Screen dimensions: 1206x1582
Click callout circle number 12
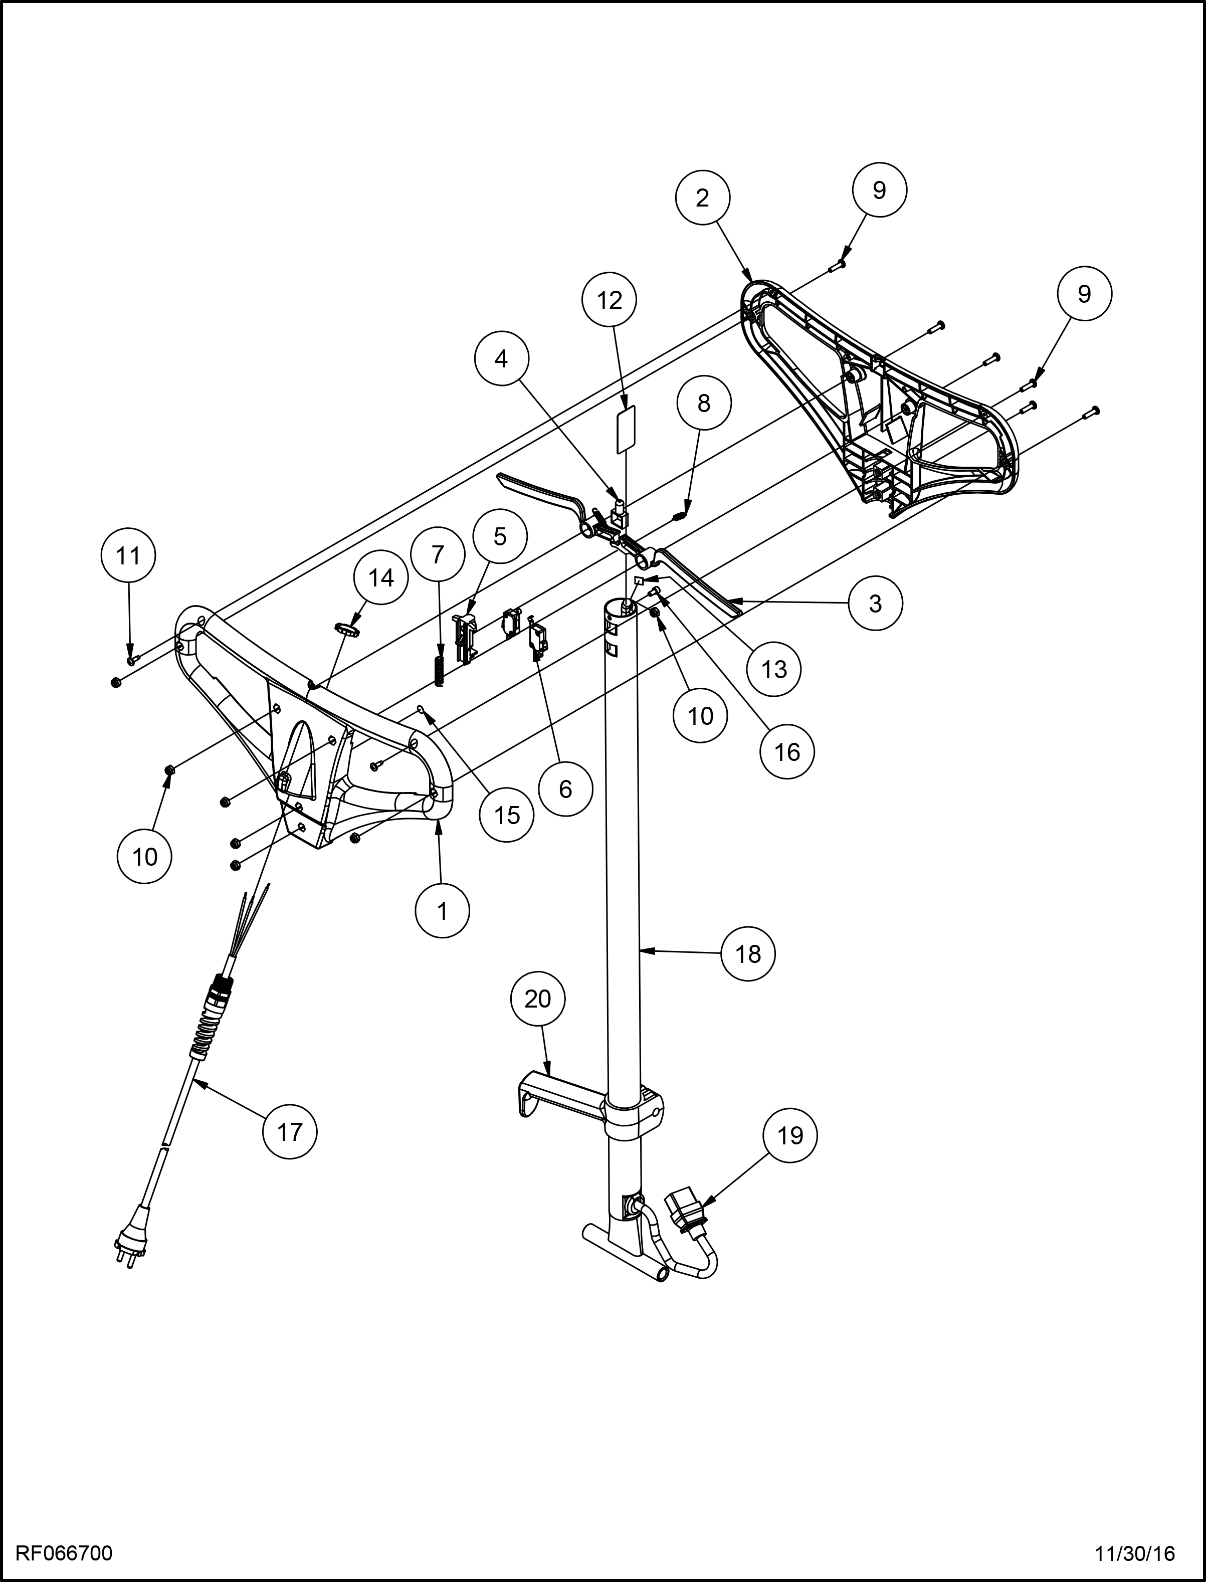click(610, 300)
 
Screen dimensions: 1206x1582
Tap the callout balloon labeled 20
click(538, 999)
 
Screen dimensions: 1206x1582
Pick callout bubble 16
click(787, 751)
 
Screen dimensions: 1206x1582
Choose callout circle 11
click(128, 555)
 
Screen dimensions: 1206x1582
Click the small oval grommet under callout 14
click(347, 629)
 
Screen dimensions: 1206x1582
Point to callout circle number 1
click(442, 911)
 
